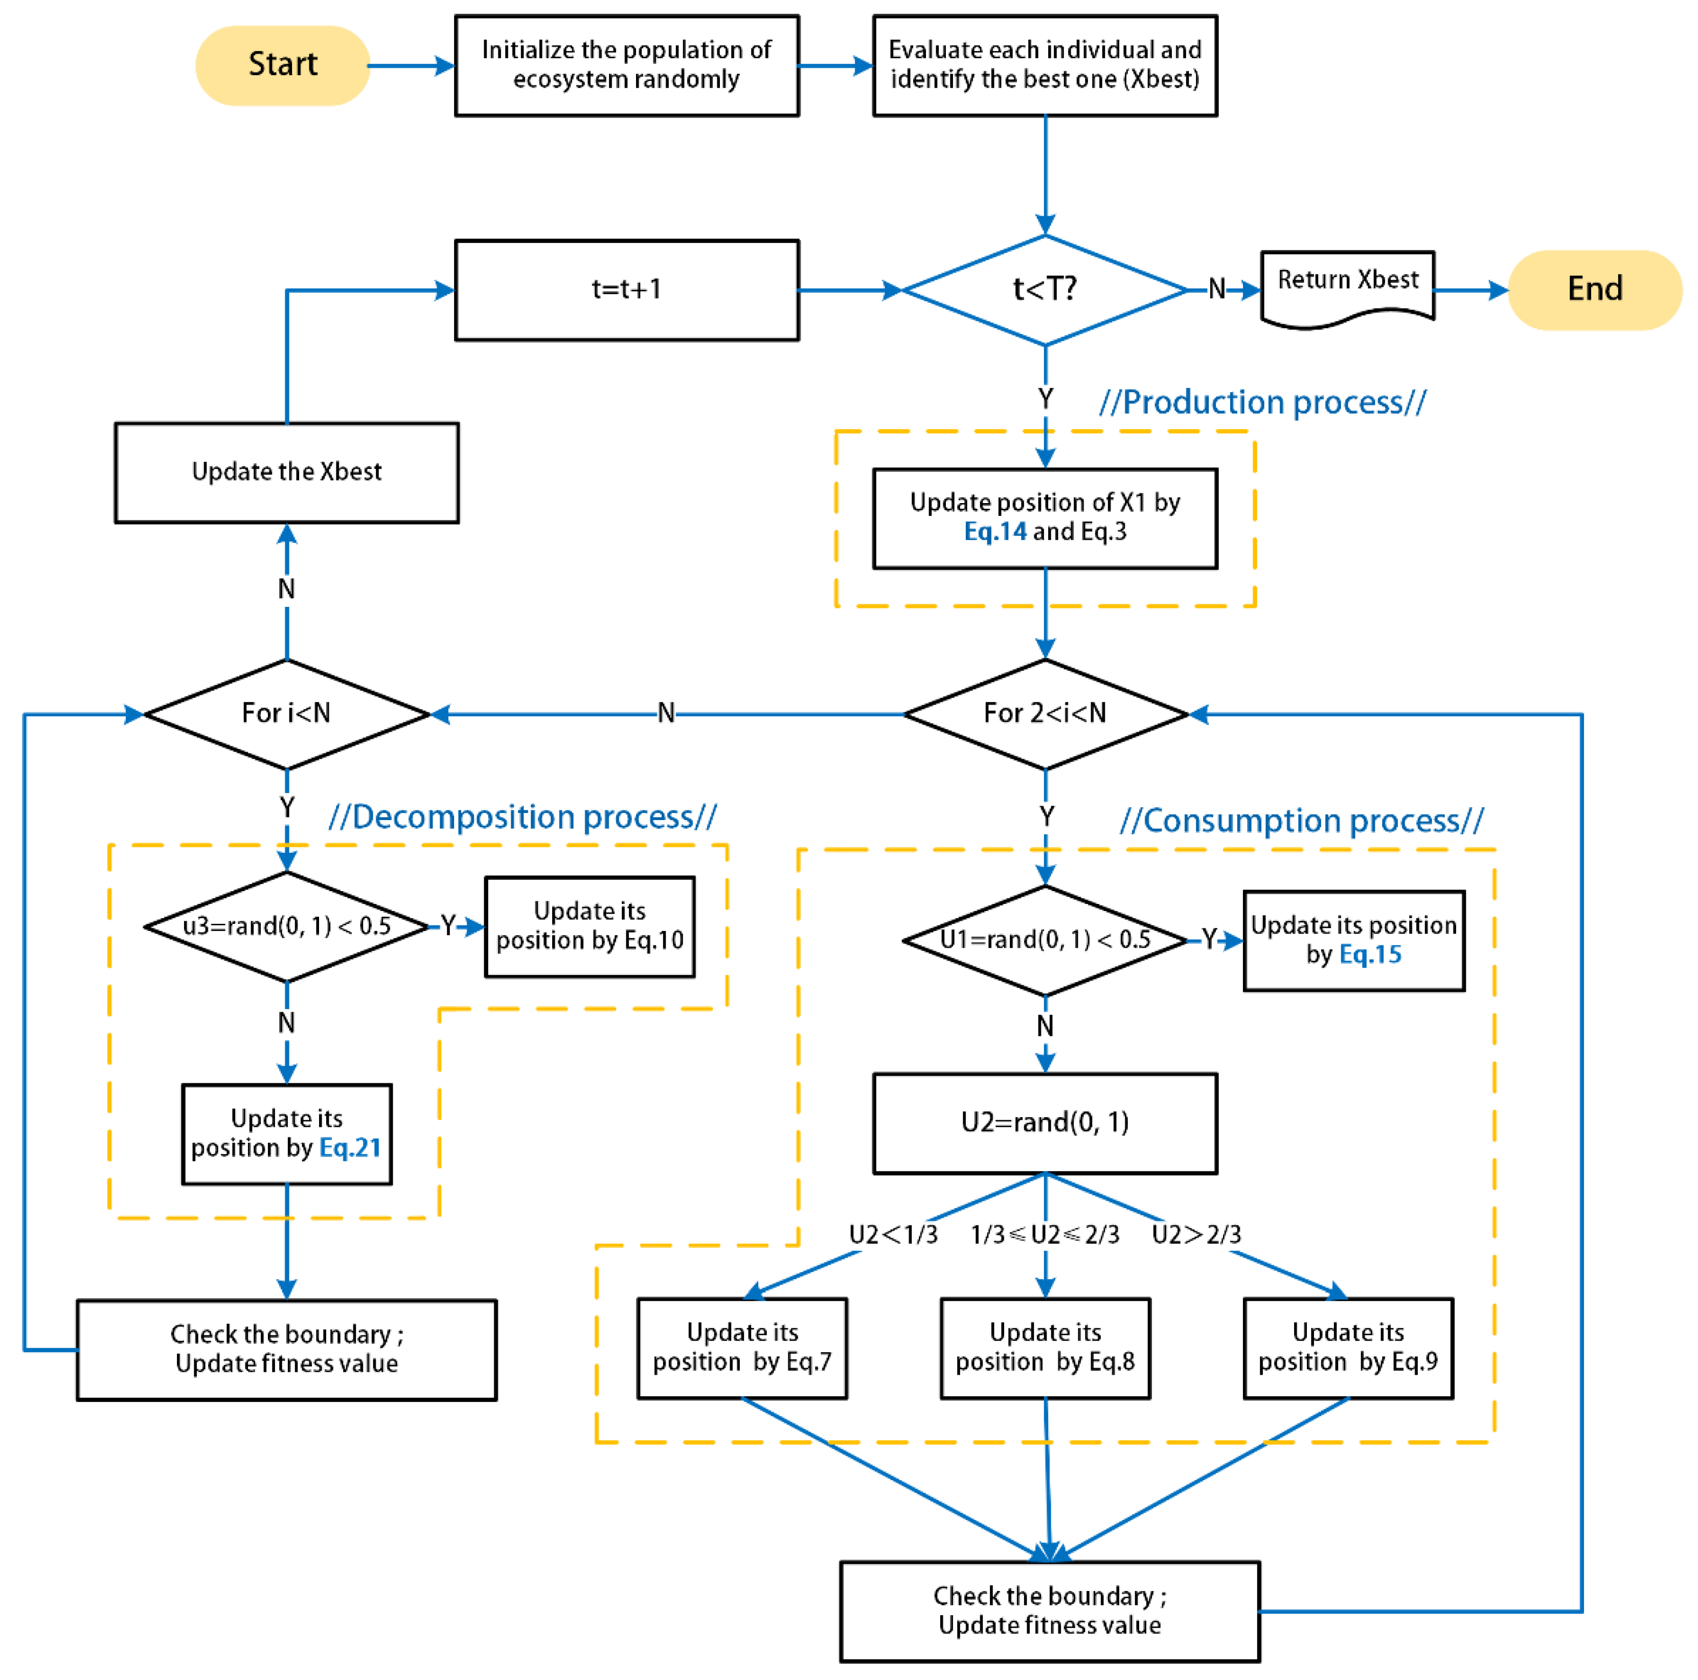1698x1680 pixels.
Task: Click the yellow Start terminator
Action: [x=282, y=65]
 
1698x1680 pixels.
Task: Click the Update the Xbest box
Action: [x=286, y=472]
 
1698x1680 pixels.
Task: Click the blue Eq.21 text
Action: [x=350, y=1148]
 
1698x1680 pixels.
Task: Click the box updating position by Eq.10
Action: [x=590, y=926]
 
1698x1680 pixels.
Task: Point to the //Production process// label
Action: [x=1262, y=402]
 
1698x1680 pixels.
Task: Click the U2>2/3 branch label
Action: [x=1196, y=1235]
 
